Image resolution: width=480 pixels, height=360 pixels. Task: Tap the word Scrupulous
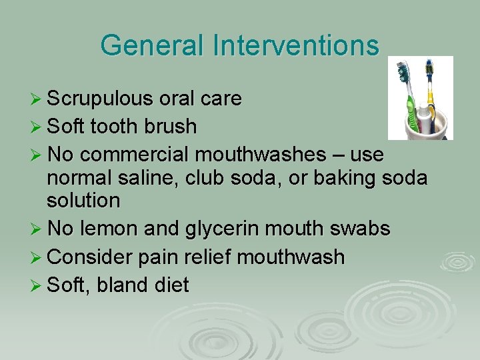100,99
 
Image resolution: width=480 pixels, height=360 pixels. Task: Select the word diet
173,285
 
